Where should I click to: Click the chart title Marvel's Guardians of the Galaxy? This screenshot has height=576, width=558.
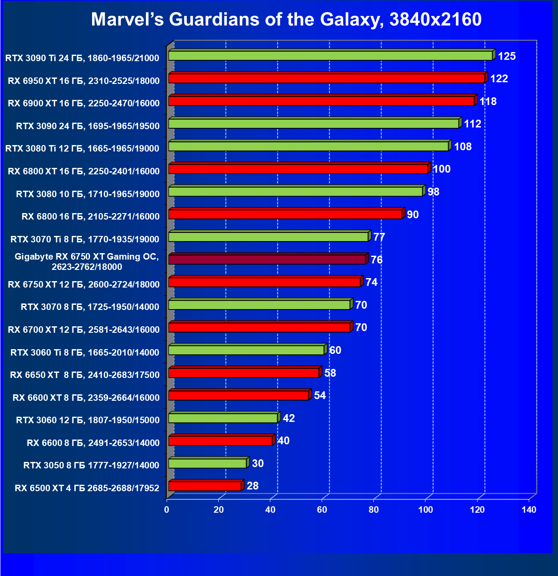point(286,19)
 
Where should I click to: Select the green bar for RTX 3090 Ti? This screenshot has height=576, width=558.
point(330,56)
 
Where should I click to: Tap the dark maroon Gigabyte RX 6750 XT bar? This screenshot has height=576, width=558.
point(267,260)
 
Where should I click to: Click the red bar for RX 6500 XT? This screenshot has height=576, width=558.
point(205,486)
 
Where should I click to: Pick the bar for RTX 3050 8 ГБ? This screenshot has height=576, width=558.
point(208,463)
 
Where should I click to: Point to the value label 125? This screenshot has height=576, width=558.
point(507,56)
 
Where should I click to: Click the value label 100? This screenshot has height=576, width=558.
point(441,169)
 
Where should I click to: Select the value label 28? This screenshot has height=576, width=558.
point(253,486)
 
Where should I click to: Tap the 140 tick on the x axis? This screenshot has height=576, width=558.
point(529,510)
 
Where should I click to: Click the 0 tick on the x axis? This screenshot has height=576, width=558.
point(167,510)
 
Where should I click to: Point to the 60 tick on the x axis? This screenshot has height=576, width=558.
point(322,510)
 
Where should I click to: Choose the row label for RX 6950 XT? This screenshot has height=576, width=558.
point(84,81)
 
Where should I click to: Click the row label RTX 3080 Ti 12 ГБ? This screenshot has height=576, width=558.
point(82,149)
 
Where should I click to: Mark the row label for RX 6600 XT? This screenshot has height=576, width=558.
point(86,398)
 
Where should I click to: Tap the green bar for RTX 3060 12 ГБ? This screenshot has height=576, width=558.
point(223,418)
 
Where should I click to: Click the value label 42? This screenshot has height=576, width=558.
point(289,418)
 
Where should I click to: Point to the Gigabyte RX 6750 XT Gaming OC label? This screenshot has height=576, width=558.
point(87,262)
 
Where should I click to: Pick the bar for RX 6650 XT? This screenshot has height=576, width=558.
point(244,373)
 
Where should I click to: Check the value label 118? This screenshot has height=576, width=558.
point(488,102)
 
